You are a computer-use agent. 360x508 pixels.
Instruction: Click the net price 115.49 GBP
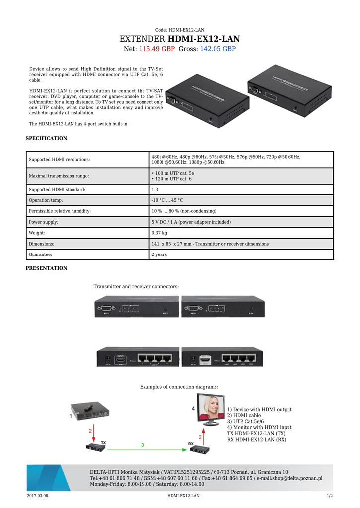[x=156, y=49]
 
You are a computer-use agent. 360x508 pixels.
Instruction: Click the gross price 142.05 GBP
[x=217, y=49]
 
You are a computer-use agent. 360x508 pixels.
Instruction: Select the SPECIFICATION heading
[x=46, y=138]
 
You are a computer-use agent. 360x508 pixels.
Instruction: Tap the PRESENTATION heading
[x=46, y=268]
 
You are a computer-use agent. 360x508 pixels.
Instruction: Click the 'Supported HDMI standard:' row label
[x=57, y=190]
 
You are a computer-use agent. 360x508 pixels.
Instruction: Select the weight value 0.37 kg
[x=159, y=233]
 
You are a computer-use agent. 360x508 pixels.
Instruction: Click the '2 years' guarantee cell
[x=159, y=254]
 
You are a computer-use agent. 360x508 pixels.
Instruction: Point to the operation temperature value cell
[x=167, y=200]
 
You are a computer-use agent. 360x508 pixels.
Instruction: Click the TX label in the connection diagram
[x=104, y=442]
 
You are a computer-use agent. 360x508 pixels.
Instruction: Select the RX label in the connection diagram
[x=191, y=444]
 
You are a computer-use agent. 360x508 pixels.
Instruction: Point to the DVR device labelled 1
[x=90, y=410]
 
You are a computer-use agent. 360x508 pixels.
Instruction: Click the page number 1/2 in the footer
[x=329, y=496]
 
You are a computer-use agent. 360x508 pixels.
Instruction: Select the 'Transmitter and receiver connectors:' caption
[x=136, y=287]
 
